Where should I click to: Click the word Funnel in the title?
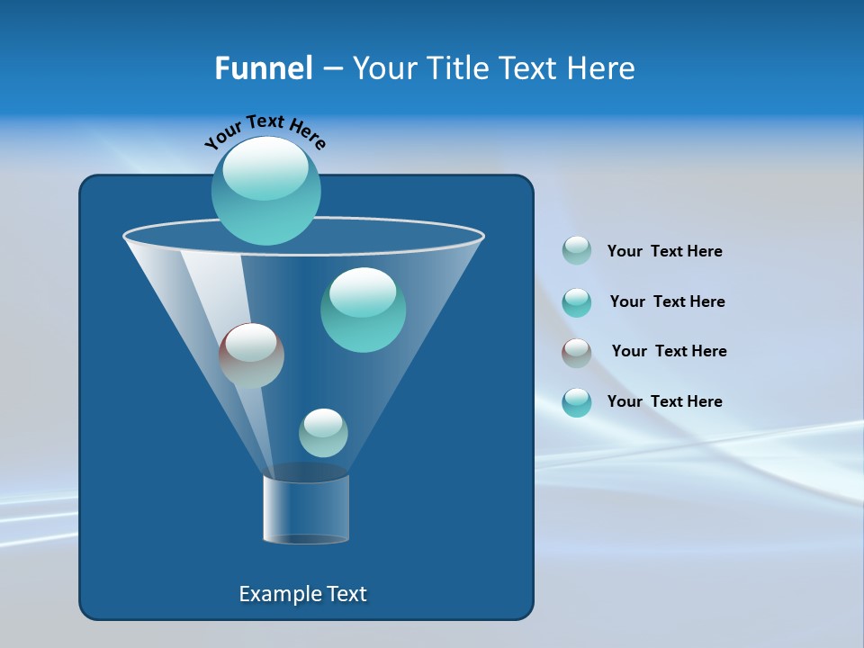click(x=263, y=68)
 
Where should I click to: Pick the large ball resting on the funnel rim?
click(x=266, y=191)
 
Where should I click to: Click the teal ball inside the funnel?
click(x=363, y=310)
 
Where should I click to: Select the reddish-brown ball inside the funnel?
click(x=251, y=355)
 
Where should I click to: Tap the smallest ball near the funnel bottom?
click(x=323, y=433)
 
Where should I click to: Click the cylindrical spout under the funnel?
click(x=306, y=508)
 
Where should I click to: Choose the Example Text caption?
click(x=303, y=594)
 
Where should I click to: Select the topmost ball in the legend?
click(x=577, y=250)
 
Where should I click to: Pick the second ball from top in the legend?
click(x=577, y=302)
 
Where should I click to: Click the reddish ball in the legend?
click(x=577, y=353)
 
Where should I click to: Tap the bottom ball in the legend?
click(x=577, y=402)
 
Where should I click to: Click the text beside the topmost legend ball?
click(x=664, y=251)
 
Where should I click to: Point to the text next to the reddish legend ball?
click(x=669, y=351)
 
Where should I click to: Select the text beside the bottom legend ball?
click(x=664, y=401)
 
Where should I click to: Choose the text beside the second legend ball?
click(x=667, y=301)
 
